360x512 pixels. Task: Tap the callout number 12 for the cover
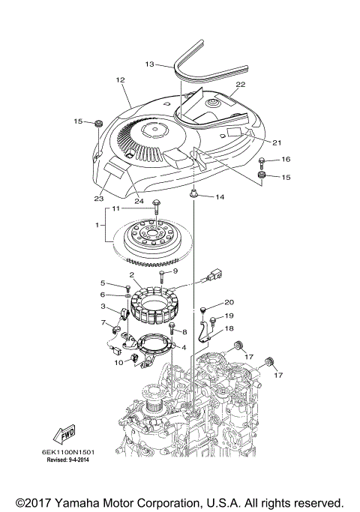tap(119, 80)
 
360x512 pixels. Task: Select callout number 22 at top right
tap(241, 85)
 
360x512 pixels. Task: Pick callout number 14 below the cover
tap(220, 197)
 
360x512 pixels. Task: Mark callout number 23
tap(99, 199)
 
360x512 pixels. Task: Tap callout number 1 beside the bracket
tap(97, 225)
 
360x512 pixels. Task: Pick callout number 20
tap(229, 302)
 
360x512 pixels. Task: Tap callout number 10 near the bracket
tap(118, 362)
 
